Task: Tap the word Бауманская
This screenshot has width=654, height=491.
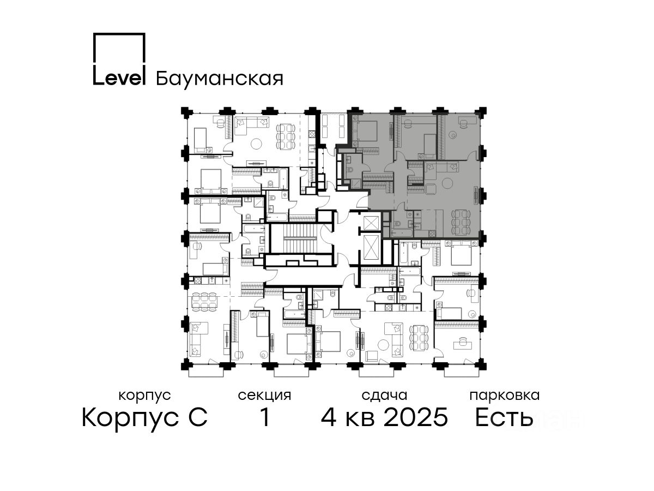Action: tap(219, 79)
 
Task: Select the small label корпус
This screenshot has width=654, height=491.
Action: tap(144, 396)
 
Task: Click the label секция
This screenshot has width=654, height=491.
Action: tap(264, 396)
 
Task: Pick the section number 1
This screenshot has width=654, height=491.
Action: tap(265, 417)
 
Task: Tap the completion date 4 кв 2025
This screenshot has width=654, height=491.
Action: tap(384, 417)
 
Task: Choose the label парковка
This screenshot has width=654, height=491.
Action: tap(505, 396)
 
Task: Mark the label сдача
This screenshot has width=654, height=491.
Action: tap(384, 396)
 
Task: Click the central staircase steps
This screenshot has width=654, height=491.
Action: tap(300, 238)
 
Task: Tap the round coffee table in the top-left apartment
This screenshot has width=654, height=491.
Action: tap(256, 144)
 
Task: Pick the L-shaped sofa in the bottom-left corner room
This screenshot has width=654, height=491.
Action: tap(199, 339)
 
